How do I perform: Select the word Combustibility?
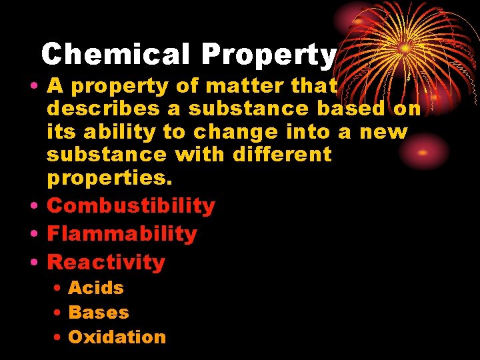point(131,206)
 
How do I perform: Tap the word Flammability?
point(122,234)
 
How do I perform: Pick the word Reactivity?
point(106,263)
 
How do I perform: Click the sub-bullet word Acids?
point(96,288)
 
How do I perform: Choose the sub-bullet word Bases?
point(99,313)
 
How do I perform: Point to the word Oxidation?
point(117,337)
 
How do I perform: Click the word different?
point(282,155)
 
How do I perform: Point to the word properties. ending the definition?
point(109,179)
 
